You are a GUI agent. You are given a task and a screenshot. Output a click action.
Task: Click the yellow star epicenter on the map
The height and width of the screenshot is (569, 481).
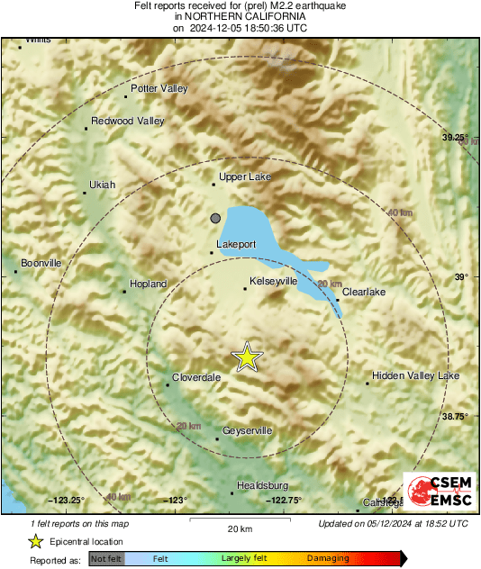point(247,357)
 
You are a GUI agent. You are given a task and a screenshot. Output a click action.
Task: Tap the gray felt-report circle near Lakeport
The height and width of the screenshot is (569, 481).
point(215,218)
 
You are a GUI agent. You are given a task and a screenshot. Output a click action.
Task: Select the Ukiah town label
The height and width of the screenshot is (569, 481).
point(102,185)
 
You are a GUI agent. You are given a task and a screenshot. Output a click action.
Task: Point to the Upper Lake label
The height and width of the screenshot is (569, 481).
point(244,177)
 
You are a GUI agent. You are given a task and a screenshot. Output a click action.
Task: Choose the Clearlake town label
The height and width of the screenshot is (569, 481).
point(364,292)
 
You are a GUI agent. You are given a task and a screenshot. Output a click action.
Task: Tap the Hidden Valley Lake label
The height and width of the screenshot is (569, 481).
point(415,375)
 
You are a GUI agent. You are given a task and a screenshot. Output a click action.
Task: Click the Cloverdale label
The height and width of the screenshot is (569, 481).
point(196,378)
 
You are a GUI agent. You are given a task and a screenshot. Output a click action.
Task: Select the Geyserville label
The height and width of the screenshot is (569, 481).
point(247,431)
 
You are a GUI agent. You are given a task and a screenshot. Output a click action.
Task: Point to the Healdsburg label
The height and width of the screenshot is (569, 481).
point(262,485)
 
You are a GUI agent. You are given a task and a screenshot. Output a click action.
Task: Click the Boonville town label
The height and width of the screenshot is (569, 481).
point(41,263)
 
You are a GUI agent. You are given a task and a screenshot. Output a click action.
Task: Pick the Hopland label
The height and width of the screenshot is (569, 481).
point(149,284)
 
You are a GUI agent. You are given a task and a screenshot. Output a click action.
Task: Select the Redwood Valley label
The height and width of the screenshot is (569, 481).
point(128,122)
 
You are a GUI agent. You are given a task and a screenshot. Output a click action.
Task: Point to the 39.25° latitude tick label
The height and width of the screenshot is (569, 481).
point(456,137)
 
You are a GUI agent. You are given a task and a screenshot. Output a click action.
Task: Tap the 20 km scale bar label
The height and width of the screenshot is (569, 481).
point(239,528)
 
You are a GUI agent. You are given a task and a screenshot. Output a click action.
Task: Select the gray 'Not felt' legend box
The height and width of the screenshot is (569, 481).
point(106,559)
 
